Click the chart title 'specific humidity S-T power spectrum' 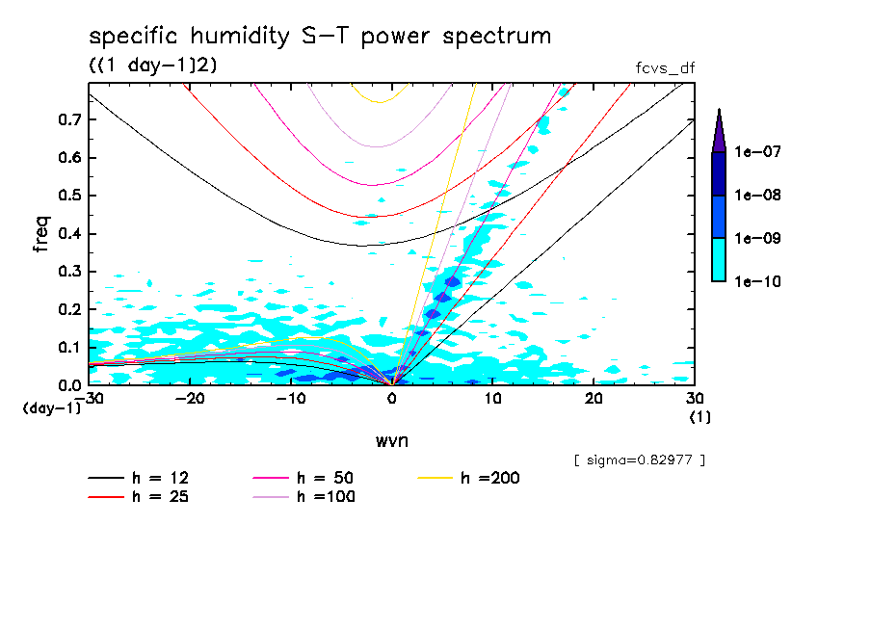pos(320,37)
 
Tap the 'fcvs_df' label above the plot pos(665,67)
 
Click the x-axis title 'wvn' pos(391,440)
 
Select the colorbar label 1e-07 pos(757,152)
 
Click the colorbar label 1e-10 pos(757,282)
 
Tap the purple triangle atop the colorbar pos(719,131)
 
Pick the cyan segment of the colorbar pos(719,259)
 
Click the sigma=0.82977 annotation pos(640,460)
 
